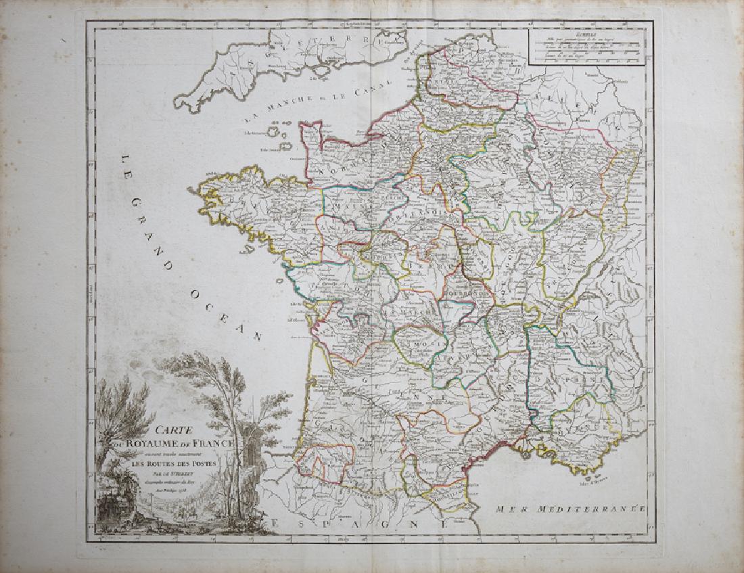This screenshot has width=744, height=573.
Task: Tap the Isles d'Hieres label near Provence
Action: click(x=594, y=482)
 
